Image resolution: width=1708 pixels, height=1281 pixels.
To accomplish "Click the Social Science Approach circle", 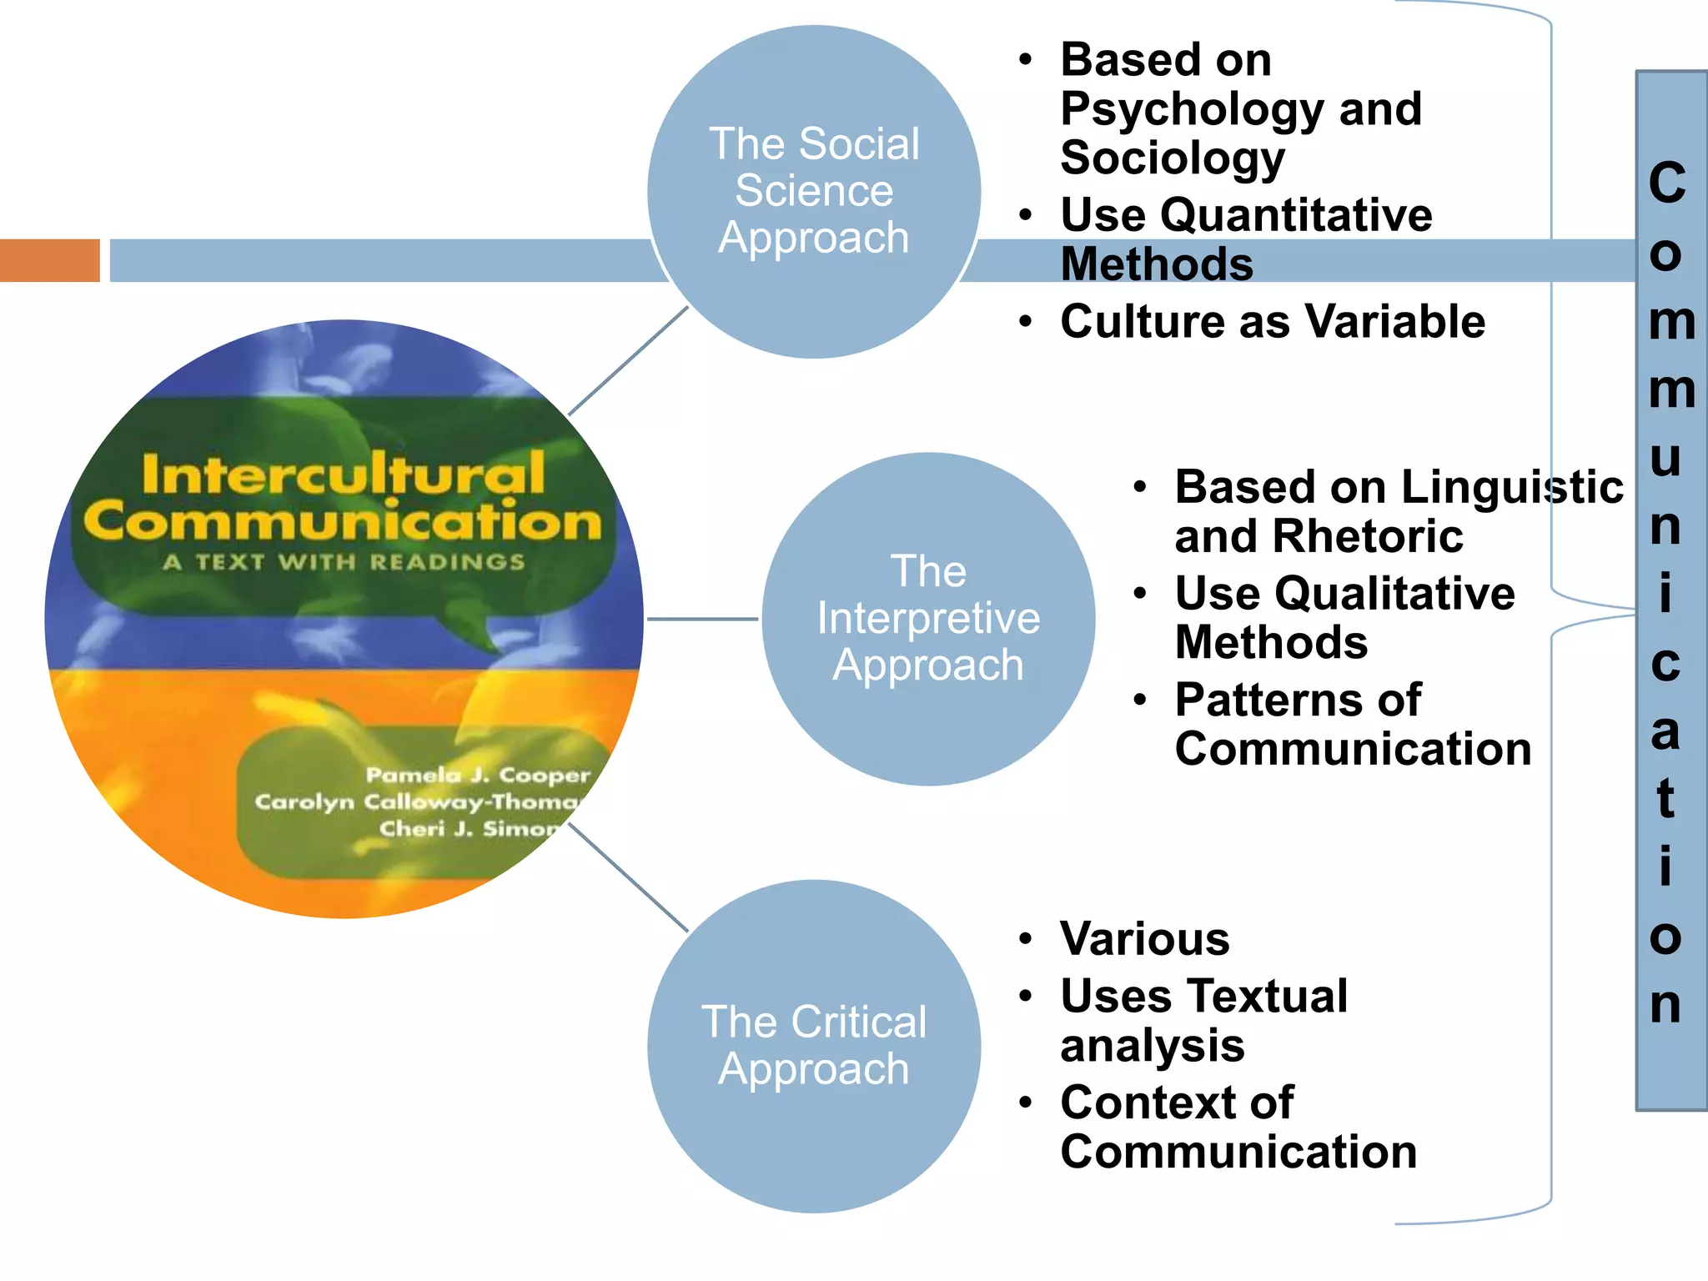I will click(814, 191).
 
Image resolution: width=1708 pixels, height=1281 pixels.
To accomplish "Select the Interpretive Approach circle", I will click(927, 618).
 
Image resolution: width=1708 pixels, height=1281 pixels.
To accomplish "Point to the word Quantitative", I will click(1296, 215).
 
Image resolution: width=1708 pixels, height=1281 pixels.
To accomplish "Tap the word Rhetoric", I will click(1368, 535).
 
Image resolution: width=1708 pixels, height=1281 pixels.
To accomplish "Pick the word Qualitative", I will click(1394, 593).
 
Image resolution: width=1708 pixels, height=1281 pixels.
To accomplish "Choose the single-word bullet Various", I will click(1144, 938).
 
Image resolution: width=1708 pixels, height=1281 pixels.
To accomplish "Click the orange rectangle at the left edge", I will click(49, 260).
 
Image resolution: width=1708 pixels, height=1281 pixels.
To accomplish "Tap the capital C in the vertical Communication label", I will click(1667, 183).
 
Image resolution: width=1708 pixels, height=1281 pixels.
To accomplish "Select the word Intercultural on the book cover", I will click(344, 474).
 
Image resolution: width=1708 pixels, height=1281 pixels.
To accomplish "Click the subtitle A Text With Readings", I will click(344, 561).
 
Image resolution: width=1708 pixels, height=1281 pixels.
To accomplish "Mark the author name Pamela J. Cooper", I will click(478, 775).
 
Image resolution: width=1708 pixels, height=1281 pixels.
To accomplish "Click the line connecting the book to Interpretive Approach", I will click(702, 619).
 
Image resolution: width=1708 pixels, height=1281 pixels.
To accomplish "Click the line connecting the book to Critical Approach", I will click(628, 877).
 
